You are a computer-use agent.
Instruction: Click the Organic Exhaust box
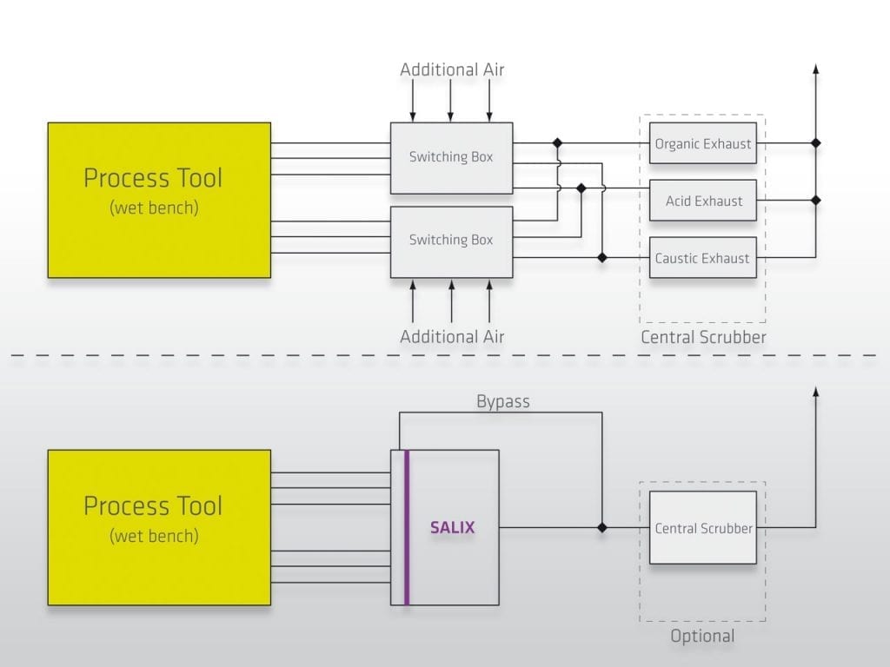point(702,143)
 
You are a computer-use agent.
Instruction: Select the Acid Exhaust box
point(702,201)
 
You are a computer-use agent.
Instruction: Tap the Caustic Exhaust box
point(702,258)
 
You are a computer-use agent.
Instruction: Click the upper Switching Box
point(451,157)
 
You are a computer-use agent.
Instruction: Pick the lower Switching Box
point(451,241)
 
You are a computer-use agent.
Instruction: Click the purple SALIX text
point(453,527)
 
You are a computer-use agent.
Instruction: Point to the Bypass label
point(502,402)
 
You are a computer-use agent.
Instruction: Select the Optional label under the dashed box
point(702,636)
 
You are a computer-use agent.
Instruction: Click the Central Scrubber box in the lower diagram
point(702,527)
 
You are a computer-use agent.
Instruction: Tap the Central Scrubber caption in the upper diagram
point(703,337)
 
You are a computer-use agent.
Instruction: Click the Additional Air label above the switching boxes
point(452,69)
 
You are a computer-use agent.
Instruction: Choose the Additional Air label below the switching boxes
point(452,336)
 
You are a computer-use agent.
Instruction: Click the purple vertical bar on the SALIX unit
point(406,527)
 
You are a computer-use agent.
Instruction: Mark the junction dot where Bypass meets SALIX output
point(601,527)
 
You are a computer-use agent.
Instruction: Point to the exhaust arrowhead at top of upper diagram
point(815,69)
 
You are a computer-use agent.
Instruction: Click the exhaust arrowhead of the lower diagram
point(815,393)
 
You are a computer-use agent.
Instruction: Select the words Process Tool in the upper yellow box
point(153,178)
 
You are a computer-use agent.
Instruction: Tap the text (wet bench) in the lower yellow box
point(154,536)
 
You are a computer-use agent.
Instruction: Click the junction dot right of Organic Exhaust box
point(815,142)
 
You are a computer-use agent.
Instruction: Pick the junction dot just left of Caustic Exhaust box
point(601,258)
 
